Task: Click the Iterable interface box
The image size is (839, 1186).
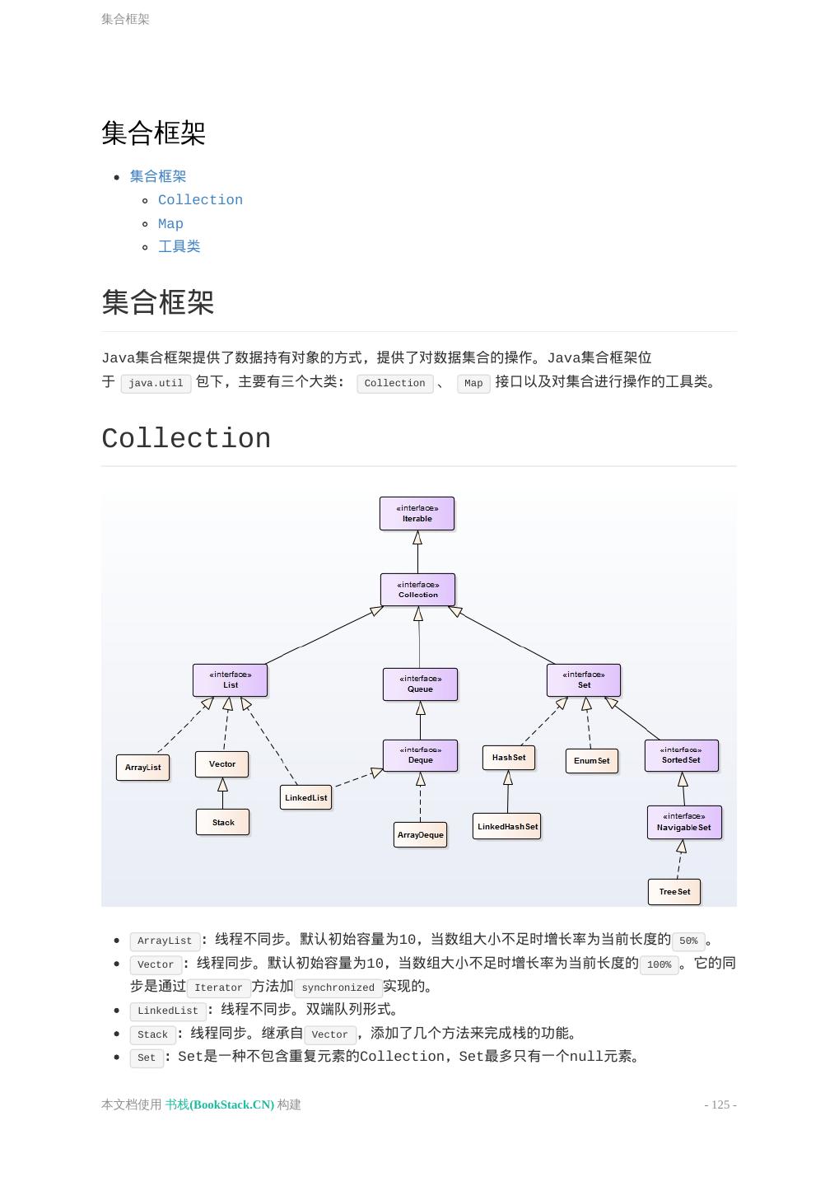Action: (417, 513)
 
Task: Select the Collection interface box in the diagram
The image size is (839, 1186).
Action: (417, 590)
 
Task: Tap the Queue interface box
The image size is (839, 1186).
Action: (420, 684)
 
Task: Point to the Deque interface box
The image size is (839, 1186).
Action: (420, 755)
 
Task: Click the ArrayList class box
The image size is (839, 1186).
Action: (142, 767)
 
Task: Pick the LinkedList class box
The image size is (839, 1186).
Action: (305, 797)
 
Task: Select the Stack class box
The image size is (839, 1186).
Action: (222, 822)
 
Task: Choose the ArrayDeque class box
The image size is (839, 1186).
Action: (420, 834)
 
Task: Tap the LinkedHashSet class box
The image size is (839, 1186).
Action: (506, 826)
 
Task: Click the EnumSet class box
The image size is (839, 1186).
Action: (591, 760)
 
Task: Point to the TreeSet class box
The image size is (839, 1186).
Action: (674, 891)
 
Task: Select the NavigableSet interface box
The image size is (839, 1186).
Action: (683, 822)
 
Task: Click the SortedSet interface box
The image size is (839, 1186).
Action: (681, 755)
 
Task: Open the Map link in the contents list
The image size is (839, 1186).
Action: (170, 224)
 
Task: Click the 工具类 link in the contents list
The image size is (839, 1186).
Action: (179, 246)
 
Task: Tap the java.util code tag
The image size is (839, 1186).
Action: (156, 383)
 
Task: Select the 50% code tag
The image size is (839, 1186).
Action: (688, 941)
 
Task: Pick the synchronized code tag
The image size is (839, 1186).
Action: (338, 988)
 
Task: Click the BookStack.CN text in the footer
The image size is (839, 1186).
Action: (220, 1104)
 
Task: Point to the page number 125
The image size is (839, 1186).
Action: (720, 1104)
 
